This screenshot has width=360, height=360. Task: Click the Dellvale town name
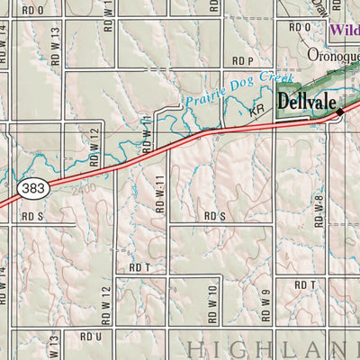tap(306, 102)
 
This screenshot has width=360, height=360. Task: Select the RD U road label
tap(90, 336)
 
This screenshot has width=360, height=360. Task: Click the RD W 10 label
tap(213, 306)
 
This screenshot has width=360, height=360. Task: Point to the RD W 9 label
tap(266, 307)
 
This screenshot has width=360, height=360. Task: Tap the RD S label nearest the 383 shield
tap(33, 216)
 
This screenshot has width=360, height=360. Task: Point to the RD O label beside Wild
tap(300, 28)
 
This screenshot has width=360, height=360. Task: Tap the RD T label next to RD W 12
tap(138, 267)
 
